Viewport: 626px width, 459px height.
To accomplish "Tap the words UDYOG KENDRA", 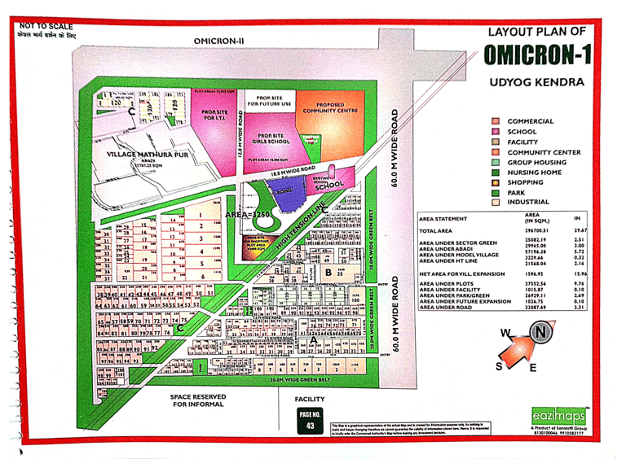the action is click(x=537, y=83).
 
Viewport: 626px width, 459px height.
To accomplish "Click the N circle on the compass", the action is click(x=542, y=333).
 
